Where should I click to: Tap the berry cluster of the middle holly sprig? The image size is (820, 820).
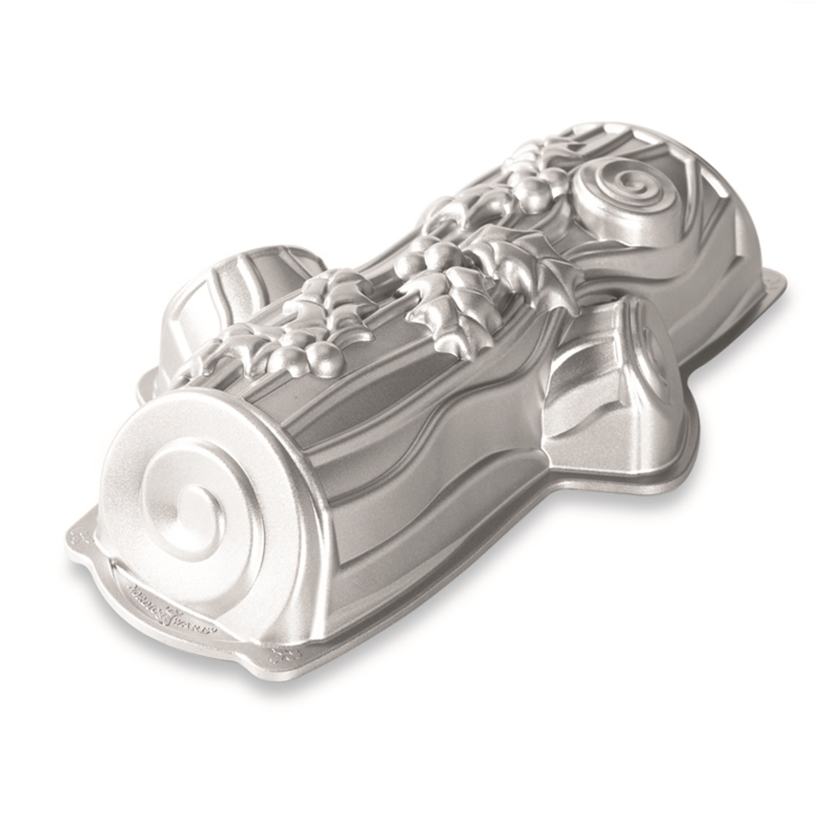pyautogui.click(x=443, y=257)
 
